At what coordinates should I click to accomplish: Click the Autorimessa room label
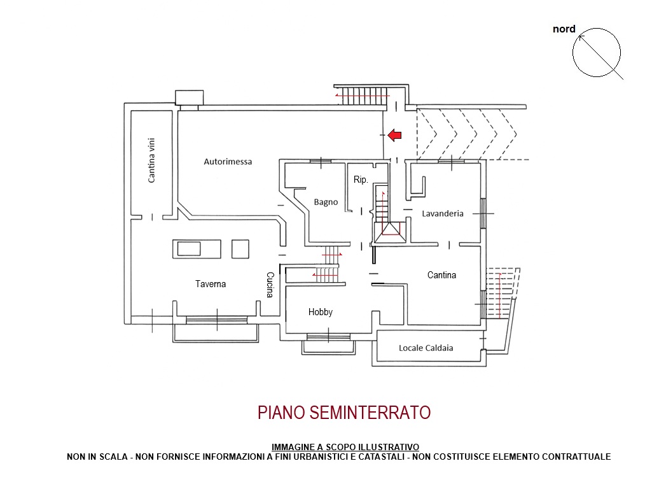point(228,162)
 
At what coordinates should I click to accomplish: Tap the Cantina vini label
point(151,160)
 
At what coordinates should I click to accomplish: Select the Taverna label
point(211,284)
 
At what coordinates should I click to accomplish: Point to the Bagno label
point(326,202)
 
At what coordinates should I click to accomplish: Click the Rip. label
point(361,180)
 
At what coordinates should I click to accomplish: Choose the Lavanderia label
point(443,213)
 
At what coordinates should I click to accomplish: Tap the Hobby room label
point(320,312)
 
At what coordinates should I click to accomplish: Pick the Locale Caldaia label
point(426,348)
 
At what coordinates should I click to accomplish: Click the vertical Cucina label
point(270,285)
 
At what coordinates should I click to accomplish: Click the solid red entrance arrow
point(394,135)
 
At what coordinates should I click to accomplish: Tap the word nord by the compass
point(564,29)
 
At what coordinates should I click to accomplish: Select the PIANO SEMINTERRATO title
point(344,413)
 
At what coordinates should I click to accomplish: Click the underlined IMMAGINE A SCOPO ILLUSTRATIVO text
point(345,447)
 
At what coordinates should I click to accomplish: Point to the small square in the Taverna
point(240,250)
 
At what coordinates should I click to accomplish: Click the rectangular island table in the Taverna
point(197,249)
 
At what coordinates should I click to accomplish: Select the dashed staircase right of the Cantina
point(503,293)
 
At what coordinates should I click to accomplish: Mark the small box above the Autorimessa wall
point(189,97)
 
